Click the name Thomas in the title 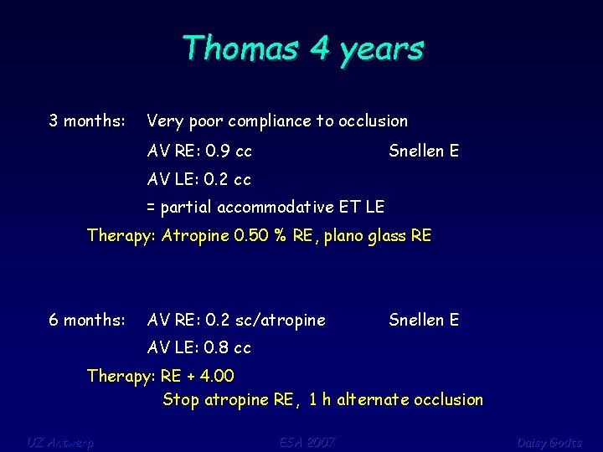(x=240, y=49)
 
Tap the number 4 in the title (x=319, y=49)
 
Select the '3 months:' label (x=87, y=121)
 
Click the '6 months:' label (x=87, y=320)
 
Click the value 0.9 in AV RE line (x=218, y=152)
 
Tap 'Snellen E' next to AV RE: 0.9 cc (x=424, y=152)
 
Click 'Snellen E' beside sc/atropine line (x=424, y=320)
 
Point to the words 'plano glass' (x=364, y=236)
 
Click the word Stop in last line (x=181, y=400)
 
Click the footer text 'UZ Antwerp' (x=59, y=442)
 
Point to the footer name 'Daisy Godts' (x=549, y=442)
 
